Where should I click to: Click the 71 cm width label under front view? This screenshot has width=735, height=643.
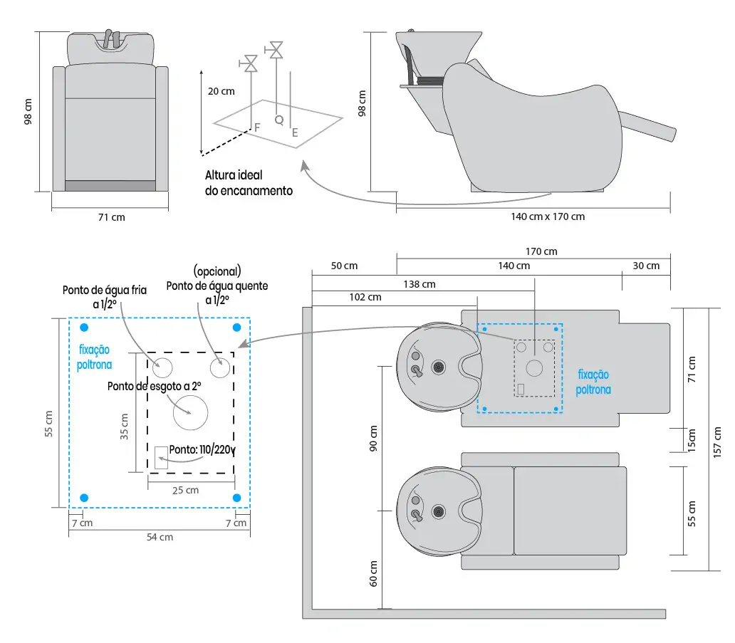[x=111, y=217]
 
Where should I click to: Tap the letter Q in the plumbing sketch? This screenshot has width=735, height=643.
[x=278, y=120]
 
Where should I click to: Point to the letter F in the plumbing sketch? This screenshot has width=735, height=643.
[x=257, y=127]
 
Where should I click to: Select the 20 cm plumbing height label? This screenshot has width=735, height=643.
[x=221, y=91]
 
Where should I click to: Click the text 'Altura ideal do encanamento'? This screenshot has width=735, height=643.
[x=249, y=182]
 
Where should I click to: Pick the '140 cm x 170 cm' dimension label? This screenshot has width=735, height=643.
[x=548, y=216]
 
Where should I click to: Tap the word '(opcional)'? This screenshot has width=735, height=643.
[x=217, y=271]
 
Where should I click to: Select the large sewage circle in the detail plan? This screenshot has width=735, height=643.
[x=190, y=412]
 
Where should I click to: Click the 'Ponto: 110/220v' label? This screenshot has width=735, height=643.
[x=202, y=450]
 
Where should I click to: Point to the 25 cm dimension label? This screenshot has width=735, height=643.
[x=186, y=490]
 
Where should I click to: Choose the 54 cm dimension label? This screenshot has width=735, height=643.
[x=160, y=537]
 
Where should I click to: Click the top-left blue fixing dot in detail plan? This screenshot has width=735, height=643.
[x=85, y=328]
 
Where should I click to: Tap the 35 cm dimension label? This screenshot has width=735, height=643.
[x=124, y=427]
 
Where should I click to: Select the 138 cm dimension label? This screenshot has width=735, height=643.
[x=419, y=284]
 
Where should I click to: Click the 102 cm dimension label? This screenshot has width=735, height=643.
[x=365, y=297]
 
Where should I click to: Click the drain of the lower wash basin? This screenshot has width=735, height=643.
[x=439, y=511]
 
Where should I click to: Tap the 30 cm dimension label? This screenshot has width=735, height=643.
[x=646, y=266]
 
